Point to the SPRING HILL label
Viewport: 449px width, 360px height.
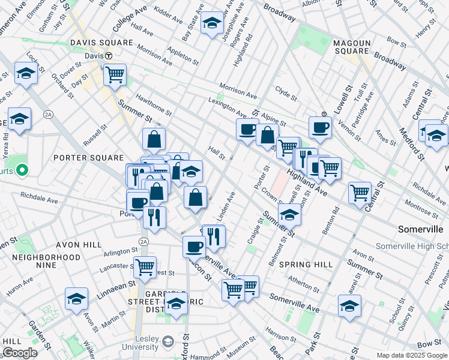[x=306, y=264]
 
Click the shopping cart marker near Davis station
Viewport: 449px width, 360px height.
[x=114, y=75]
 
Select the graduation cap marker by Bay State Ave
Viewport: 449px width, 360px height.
[x=211, y=23]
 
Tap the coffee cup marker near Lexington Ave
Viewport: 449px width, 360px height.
[x=247, y=130]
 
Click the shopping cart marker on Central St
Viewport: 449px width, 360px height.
[x=360, y=193]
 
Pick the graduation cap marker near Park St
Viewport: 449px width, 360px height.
[x=349, y=305]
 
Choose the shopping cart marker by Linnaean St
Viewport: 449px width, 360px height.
[x=145, y=266]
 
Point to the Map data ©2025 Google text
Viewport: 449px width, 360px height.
[x=412, y=355]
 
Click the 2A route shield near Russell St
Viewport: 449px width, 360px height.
[x=48, y=115]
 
